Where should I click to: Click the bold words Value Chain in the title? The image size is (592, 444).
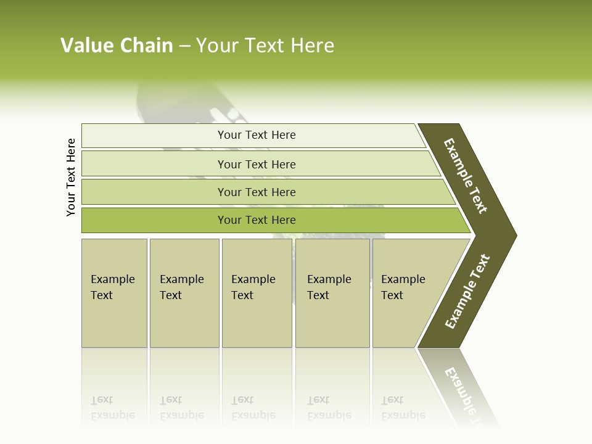[117, 46]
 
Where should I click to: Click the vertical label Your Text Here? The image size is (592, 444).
[71, 177]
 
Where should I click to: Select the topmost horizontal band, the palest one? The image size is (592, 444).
[154, 136]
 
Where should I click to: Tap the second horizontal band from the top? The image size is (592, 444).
[154, 164]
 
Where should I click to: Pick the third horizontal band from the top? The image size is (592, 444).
[154, 192]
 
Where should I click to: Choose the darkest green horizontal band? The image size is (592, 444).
[154, 220]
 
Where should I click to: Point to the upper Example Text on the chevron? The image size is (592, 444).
[466, 176]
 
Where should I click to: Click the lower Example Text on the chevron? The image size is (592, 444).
[467, 292]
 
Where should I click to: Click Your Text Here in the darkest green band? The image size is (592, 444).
[257, 220]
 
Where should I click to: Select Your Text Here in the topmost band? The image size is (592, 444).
[257, 135]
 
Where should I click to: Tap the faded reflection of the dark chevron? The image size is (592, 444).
[459, 385]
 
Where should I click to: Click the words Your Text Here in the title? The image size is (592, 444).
[265, 46]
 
